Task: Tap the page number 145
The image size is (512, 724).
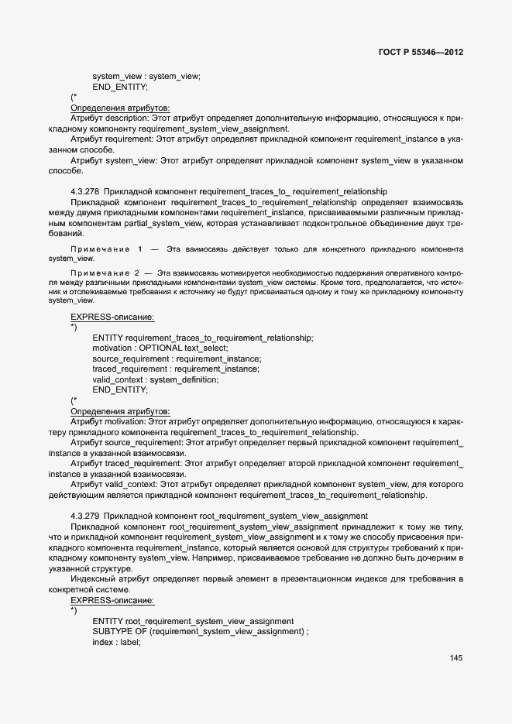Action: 455,658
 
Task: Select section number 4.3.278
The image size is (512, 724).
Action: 84,190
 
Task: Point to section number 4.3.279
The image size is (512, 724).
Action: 84,516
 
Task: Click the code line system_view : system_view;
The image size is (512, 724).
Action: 146,76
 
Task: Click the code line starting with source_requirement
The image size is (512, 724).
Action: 177,359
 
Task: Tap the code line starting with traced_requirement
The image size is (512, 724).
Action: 176,369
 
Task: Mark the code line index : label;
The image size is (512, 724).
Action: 116,642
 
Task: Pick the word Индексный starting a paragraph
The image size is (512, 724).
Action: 91,578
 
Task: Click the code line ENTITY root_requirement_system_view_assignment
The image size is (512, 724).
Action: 193,621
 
